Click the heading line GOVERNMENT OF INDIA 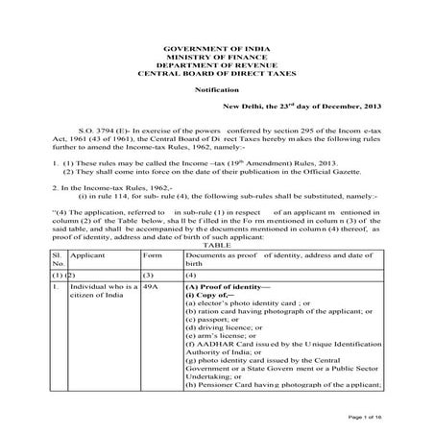[x=216, y=45]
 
